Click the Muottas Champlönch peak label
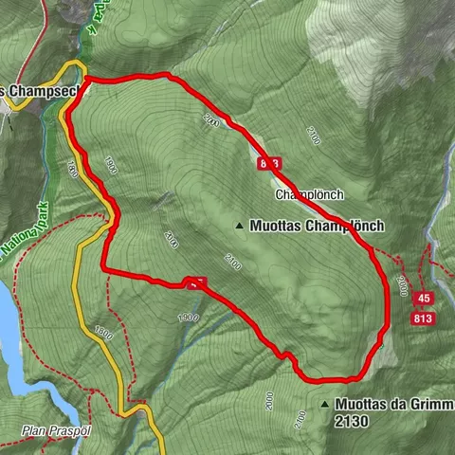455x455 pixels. click(317, 227)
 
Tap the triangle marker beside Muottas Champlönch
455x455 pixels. click(239, 227)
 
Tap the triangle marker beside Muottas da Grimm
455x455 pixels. click(324, 404)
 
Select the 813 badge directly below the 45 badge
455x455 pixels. click(424, 319)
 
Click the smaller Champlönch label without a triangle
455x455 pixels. click(308, 195)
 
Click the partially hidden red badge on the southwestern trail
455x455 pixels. click(196, 282)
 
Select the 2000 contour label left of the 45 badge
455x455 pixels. click(402, 283)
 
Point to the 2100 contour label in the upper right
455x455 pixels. click(314, 139)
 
